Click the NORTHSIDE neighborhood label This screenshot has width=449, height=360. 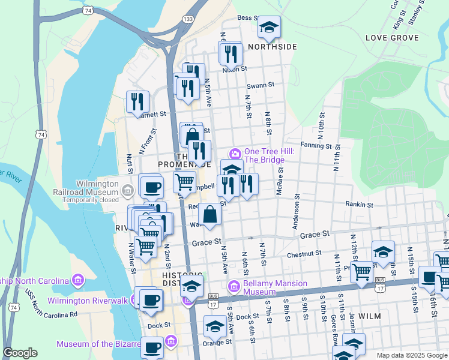point(272,47)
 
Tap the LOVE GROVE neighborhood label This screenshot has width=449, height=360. point(391,38)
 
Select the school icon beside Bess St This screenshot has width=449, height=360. point(268,27)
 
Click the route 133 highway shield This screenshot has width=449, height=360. point(188,20)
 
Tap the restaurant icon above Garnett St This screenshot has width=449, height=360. point(138,101)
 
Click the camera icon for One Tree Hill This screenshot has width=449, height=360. point(235,152)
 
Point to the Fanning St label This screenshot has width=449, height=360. point(316,145)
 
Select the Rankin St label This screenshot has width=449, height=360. point(359,205)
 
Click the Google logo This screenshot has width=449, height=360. point(20,353)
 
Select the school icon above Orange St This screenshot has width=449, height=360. point(214,327)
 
